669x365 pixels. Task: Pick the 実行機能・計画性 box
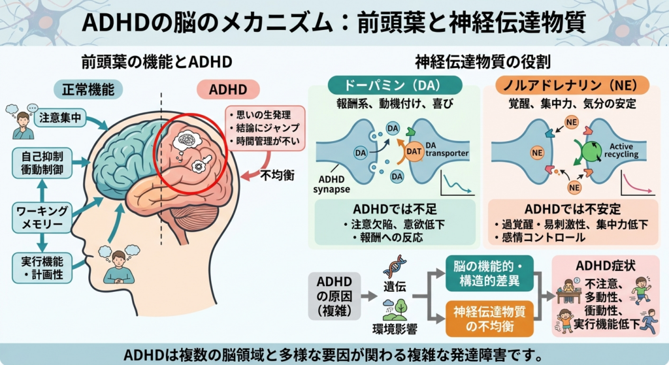click(x=41, y=268)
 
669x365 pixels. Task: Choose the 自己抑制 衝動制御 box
click(x=41, y=163)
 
